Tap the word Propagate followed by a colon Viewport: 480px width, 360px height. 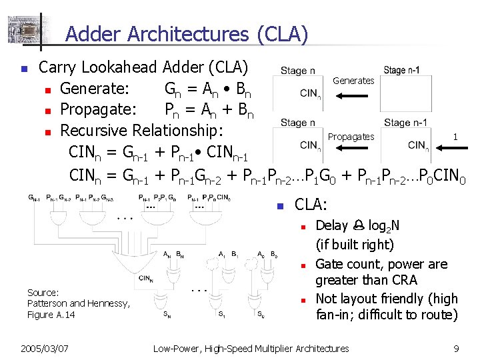[x=98, y=108]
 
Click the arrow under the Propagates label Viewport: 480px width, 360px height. [x=353, y=150]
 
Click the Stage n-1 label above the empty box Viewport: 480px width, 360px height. [x=405, y=70]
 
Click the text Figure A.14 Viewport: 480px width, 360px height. [x=51, y=315]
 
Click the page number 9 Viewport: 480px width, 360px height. [x=456, y=348]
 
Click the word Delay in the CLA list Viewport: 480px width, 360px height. [x=331, y=226]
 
